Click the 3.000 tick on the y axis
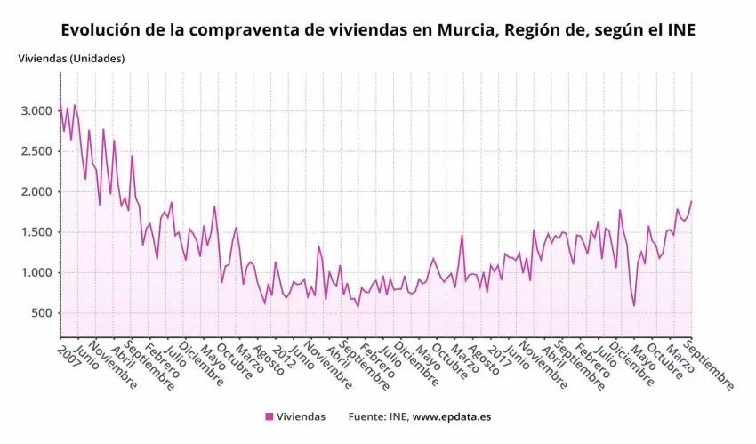coord(36,111)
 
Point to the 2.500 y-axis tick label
coord(36,151)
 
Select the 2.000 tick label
coord(36,192)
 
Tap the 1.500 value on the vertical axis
coord(36,232)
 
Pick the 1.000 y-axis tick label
coord(36,273)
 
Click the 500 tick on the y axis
coord(39,313)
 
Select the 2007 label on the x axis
coord(68,356)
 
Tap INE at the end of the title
coord(680,30)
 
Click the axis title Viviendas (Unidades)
coord(71,59)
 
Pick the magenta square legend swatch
coord(269,416)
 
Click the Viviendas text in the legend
coord(301,416)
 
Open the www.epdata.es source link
coord(452,416)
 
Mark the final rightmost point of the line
coord(691,201)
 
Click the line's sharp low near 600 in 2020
coord(634,306)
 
